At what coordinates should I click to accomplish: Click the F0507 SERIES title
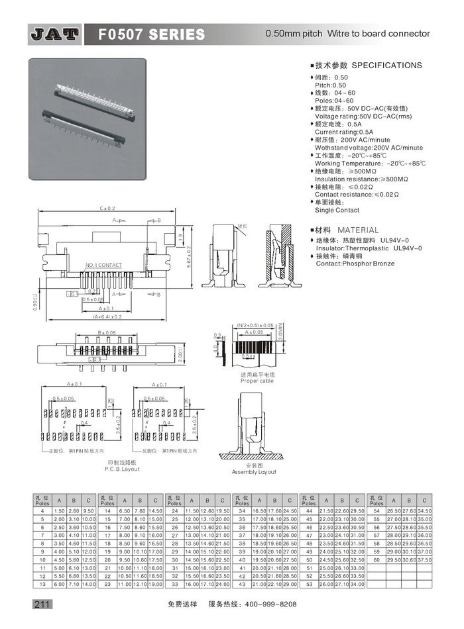pos(152,34)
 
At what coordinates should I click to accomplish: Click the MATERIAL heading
pos(358,230)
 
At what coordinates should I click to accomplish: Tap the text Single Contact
pos(337,210)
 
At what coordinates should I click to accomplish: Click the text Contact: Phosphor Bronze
pos(355,264)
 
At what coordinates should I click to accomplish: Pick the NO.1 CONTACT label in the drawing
pos(103,266)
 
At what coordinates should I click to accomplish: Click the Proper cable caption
pos(257,381)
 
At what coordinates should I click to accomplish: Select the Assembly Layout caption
pos(254,472)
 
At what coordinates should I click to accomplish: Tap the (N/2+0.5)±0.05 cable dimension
pos(255,325)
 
